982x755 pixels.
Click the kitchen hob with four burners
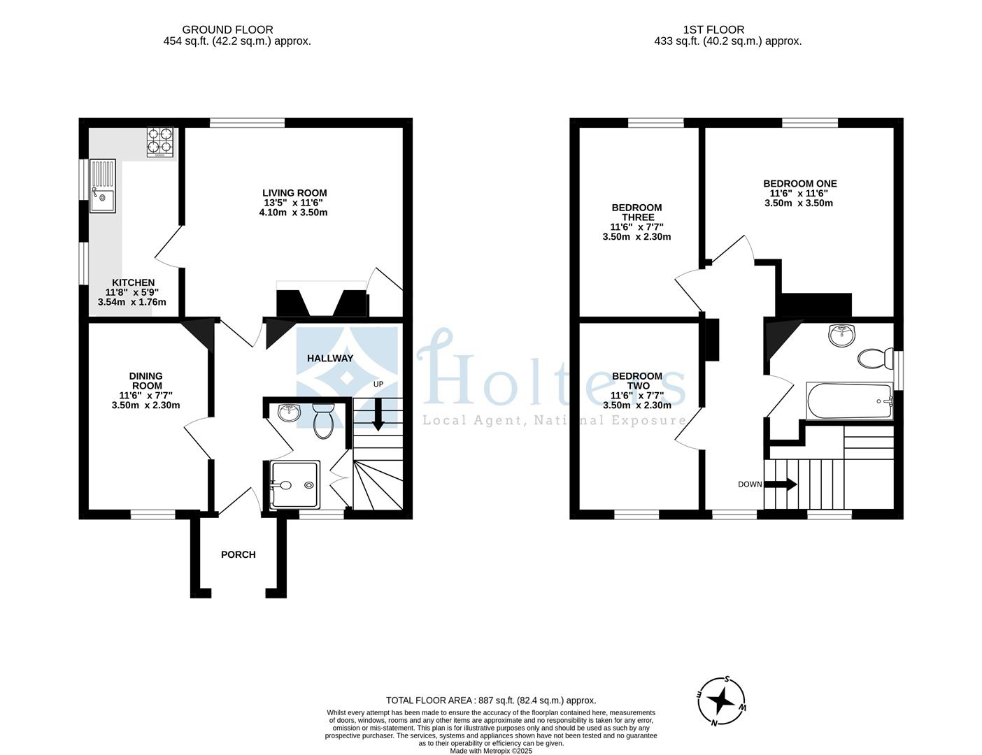[x=161, y=142]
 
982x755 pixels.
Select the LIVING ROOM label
[x=294, y=193]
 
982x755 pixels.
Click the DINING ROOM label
[x=145, y=381]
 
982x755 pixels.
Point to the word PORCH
[x=238, y=554]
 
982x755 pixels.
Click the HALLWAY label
[x=330, y=358]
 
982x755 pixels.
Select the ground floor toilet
[x=323, y=419]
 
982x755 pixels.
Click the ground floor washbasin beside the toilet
[x=288, y=412]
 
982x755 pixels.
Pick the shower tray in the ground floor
[x=294, y=484]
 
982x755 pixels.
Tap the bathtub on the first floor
[x=849, y=401]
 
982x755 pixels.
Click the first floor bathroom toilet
[x=873, y=359]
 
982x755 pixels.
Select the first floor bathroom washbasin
[x=841, y=335]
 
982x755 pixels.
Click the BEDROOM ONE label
[x=799, y=184]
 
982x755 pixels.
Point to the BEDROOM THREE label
[x=636, y=212]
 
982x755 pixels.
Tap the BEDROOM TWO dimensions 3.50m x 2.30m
[x=636, y=405]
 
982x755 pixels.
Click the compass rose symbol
[x=723, y=700]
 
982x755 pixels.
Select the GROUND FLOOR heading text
[x=227, y=29]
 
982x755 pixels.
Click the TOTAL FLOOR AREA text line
[x=490, y=700]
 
